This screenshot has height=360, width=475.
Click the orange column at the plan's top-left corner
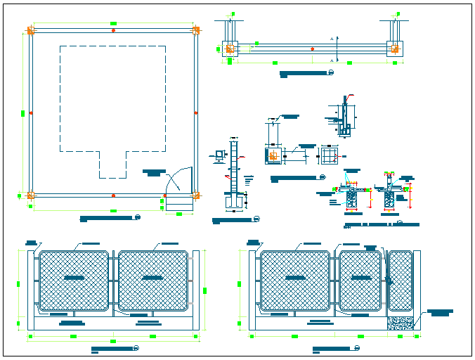point(30,31)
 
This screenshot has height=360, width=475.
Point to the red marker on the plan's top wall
point(113,31)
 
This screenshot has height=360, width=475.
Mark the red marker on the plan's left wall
point(30,112)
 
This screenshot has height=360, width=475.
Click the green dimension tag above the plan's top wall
point(113,25)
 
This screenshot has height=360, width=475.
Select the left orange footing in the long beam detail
point(230,49)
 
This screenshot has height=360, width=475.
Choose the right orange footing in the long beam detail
point(395,49)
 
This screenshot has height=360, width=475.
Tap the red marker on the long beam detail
point(312,49)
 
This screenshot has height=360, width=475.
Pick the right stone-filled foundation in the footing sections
point(389,200)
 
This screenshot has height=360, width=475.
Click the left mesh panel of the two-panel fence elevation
point(74,280)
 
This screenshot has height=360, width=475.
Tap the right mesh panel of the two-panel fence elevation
point(153,280)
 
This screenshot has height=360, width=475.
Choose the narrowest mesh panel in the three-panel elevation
point(401,280)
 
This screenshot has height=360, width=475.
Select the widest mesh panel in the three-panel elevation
point(295,280)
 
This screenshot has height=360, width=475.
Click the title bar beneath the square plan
point(107,219)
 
